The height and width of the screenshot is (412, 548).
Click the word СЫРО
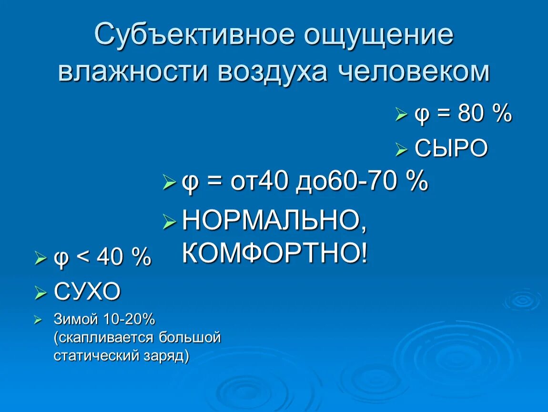coord(451,148)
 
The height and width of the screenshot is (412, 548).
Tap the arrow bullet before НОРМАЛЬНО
coord(169,221)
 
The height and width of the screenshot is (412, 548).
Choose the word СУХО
coord(87,291)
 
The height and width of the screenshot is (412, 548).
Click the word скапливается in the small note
coord(104,338)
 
